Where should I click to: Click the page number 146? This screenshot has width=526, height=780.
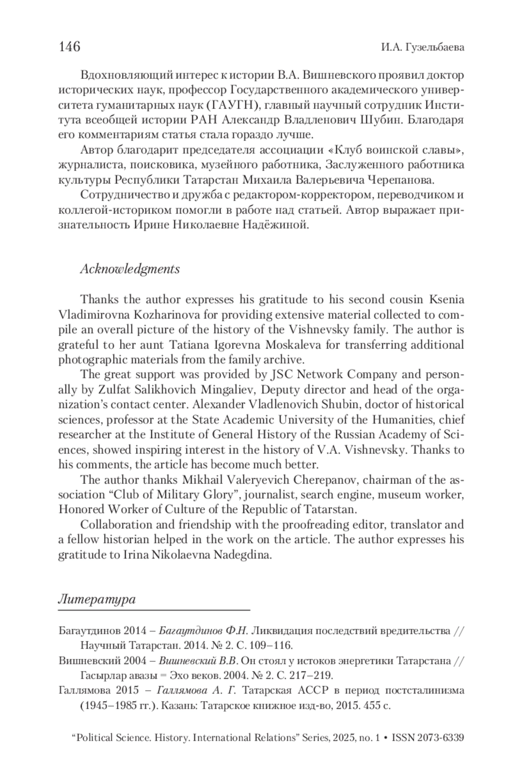(x=69, y=46)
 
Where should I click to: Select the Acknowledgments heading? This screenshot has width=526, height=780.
(x=130, y=269)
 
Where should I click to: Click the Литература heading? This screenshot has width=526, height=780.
(x=97, y=599)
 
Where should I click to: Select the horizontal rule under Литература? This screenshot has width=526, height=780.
(x=154, y=610)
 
